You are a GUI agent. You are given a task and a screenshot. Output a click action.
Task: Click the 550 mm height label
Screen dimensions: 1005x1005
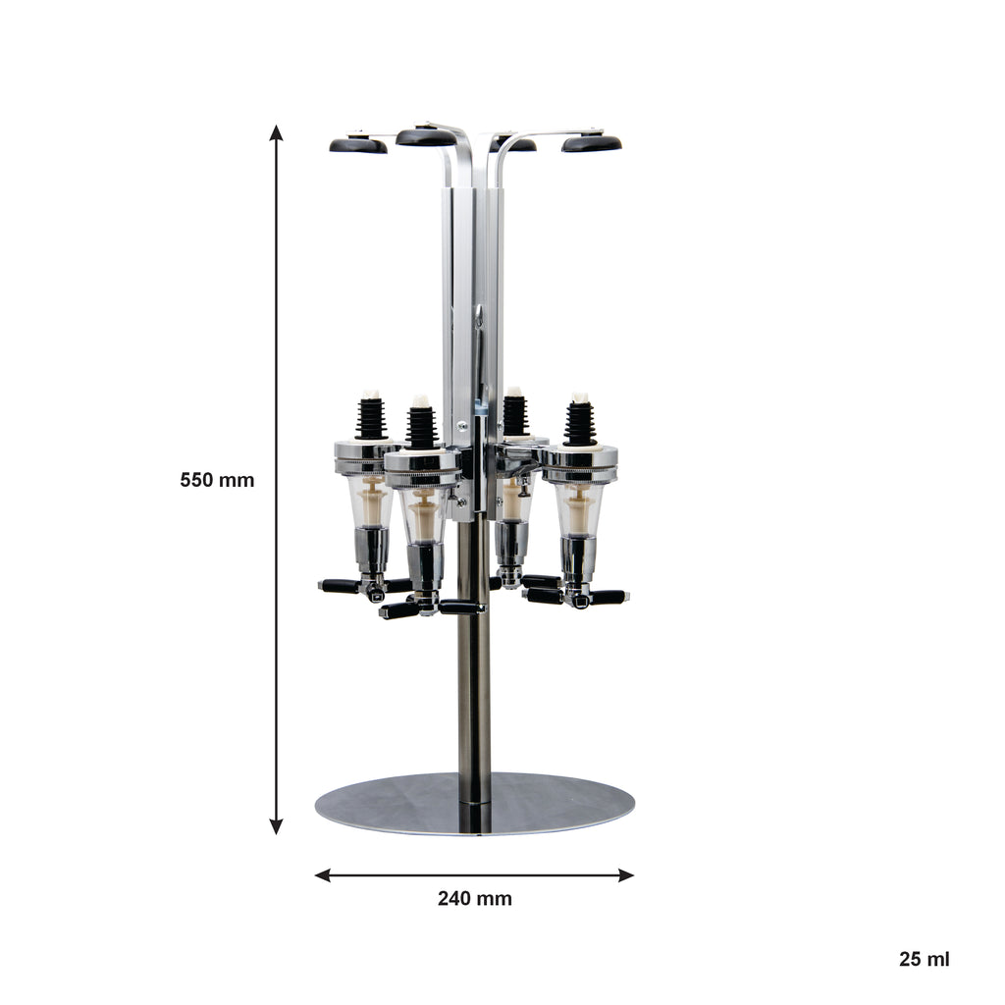(x=217, y=480)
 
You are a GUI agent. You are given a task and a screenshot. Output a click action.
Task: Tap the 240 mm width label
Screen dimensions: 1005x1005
(x=474, y=899)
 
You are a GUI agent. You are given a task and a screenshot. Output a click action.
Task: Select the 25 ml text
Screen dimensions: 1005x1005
(x=924, y=960)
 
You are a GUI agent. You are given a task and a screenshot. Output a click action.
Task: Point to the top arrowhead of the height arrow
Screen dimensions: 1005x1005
(x=276, y=132)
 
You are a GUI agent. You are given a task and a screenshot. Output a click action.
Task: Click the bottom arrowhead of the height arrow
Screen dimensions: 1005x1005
(x=276, y=826)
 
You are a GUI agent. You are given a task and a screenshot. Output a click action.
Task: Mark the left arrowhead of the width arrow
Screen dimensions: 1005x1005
(x=323, y=874)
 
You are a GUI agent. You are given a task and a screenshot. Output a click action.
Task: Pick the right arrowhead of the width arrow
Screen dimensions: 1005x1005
(x=626, y=874)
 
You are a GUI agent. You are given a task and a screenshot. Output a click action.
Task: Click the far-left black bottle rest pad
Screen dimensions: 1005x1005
(x=358, y=146)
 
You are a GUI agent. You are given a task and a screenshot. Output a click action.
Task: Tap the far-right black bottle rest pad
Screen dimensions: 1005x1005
(x=592, y=143)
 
